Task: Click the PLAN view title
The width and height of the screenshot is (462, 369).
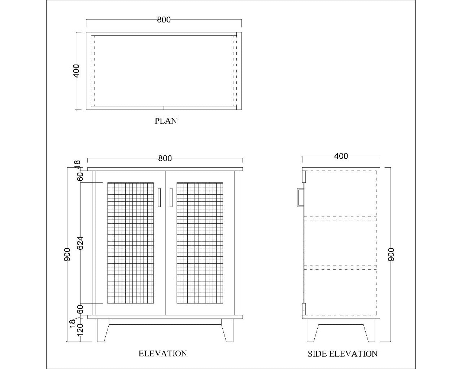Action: tap(166, 121)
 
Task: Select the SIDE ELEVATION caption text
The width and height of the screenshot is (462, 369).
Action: tap(342, 354)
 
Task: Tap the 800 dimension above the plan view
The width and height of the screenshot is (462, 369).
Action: tap(164, 20)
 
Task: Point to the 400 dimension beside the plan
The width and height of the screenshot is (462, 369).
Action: tap(76, 71)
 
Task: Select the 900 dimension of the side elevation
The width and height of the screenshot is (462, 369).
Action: tap(391, 254)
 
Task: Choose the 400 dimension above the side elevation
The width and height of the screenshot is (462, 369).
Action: tap(341, 156)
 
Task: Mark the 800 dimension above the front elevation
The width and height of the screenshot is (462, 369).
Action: tap(165, 158)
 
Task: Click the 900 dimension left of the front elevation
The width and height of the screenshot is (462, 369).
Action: tap(67, 254)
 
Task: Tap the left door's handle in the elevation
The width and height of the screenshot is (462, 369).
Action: tap(159, 197)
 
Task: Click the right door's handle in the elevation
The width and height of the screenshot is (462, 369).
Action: tap(171, 197)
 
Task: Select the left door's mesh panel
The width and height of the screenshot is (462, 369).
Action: tap(130, 243)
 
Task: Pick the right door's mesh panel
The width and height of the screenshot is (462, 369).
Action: tap(200, 243)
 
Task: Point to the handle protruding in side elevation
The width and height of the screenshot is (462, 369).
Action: tap(300, 197)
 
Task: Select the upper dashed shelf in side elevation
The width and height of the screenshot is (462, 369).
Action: tap(340, 218)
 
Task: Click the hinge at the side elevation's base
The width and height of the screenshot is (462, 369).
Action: tap(304, 310)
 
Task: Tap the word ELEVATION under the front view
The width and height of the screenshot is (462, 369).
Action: tap(163, 354)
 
